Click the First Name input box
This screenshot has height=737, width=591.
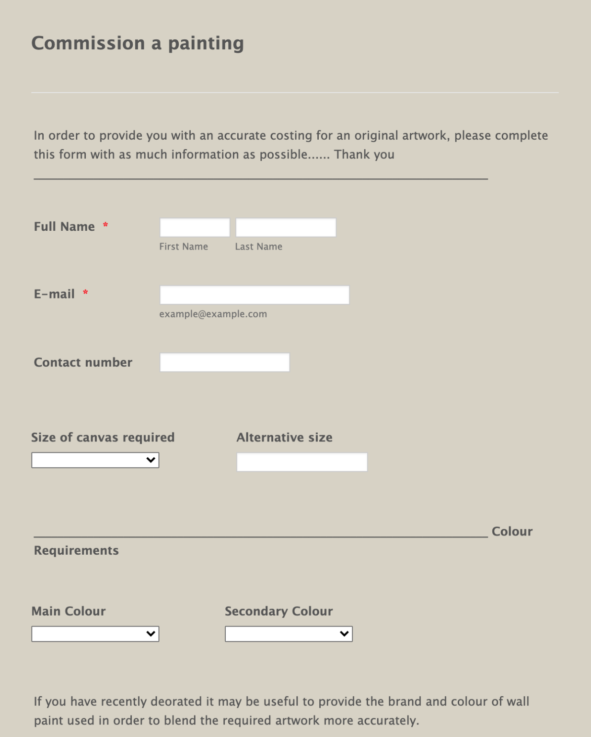coord(195,227)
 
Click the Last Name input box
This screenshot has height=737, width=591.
coord(286,227)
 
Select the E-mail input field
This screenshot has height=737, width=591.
coord(254,295)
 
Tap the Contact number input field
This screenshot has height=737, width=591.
coord(224,362)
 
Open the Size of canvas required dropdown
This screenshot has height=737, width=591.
coord(95,460)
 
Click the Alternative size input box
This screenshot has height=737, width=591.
coord(302,462)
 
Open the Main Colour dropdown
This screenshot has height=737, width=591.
coord(95,634)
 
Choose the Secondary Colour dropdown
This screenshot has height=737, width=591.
coord(289,634)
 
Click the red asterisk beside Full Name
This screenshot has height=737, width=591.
coord(105,226)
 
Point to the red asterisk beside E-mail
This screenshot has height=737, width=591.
coord(85,293)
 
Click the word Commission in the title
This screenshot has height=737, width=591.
coord(88,43)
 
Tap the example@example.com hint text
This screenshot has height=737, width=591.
coord(213,314)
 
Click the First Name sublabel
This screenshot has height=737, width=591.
coord(184,247)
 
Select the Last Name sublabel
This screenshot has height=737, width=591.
coord(258,247)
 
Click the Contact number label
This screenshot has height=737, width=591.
coord(83,362)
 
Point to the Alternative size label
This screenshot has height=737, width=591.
coord(284,437)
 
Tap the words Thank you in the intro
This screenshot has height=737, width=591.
coord(364,155)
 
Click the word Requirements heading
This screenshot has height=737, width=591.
coord(76,550)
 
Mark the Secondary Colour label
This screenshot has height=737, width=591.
coord(278,611)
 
